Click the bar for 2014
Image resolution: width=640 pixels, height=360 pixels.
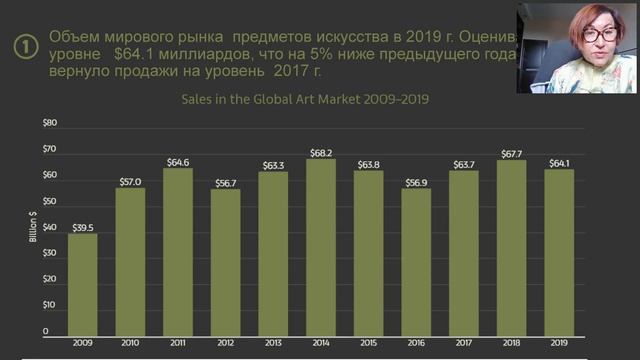click(321, 246)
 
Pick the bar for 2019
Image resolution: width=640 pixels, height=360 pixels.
click(558, 251)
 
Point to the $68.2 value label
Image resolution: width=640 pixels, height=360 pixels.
click(321, 153)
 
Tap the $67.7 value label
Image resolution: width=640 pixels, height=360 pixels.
click(511, 154)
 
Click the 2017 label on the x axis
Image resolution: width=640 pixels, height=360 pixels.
click(463, 342)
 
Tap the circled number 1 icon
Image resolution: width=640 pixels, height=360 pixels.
click(23, 45)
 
